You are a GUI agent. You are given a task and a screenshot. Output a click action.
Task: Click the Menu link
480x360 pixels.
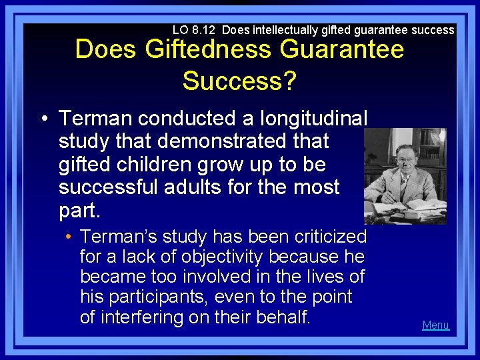(436, 325)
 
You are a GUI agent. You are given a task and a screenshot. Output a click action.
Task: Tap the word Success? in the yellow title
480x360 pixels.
(239, 81)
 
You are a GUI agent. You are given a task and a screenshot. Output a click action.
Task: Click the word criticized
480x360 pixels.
(328, 237)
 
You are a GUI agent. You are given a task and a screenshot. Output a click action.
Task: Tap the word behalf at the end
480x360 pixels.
(285, 317)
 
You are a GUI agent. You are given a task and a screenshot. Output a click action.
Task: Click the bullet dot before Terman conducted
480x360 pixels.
(43, 119)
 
